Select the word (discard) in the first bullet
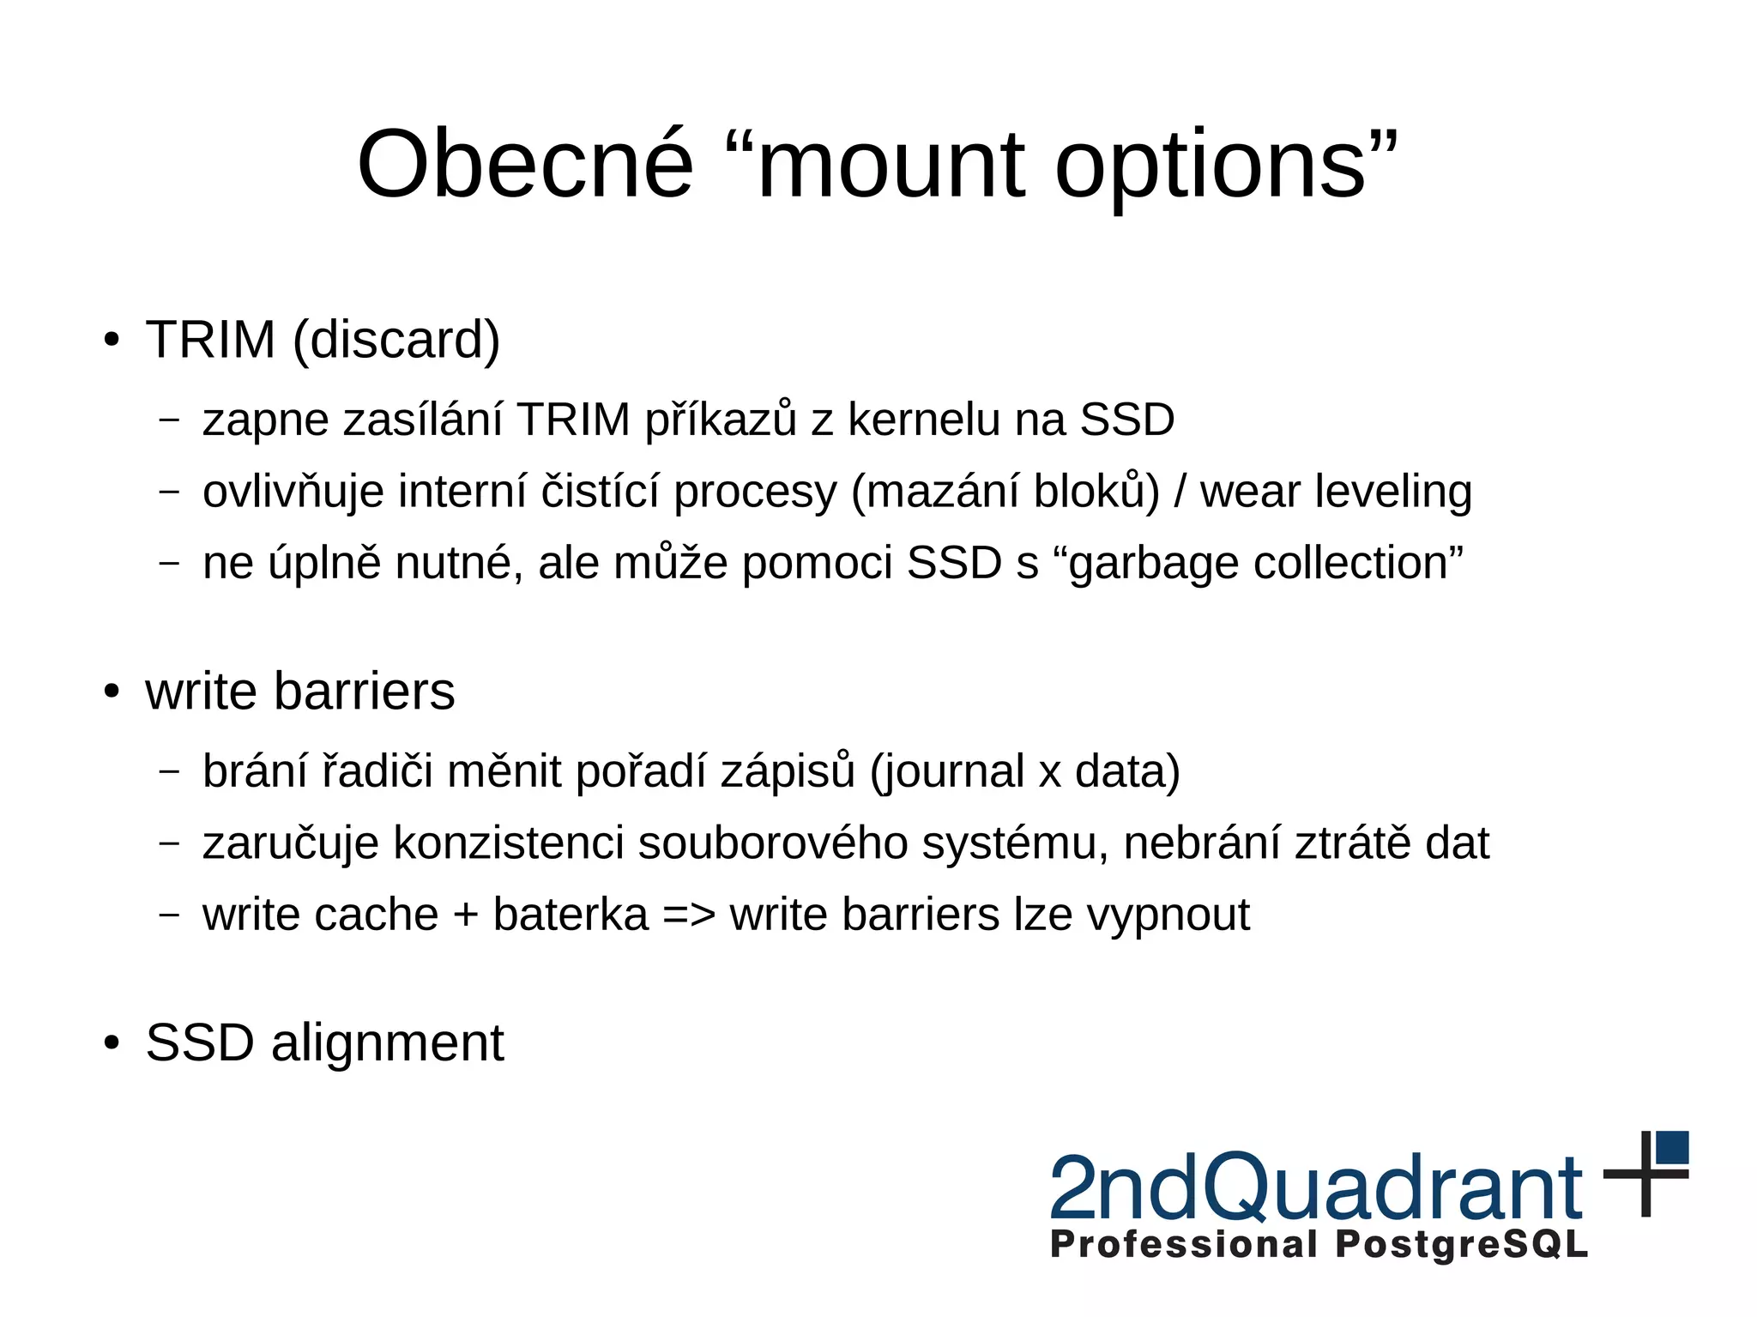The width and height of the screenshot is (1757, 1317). [396, 340]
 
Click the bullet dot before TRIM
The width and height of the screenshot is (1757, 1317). [112, 340]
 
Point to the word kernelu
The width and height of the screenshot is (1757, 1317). [924, 420]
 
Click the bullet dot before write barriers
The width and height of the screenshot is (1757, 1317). [112, 692]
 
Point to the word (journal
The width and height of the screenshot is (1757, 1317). [947, 771]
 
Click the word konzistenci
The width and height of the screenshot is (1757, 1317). [508, 843]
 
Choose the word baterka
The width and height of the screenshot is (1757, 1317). [571, 915]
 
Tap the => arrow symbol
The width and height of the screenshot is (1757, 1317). [689, 915]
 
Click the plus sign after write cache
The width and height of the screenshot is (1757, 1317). [466, 915]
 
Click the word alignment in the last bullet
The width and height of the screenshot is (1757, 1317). [387, 1045]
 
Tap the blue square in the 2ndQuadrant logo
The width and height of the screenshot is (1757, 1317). [1672, 1147]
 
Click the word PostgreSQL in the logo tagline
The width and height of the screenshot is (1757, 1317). [1461, 1244]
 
